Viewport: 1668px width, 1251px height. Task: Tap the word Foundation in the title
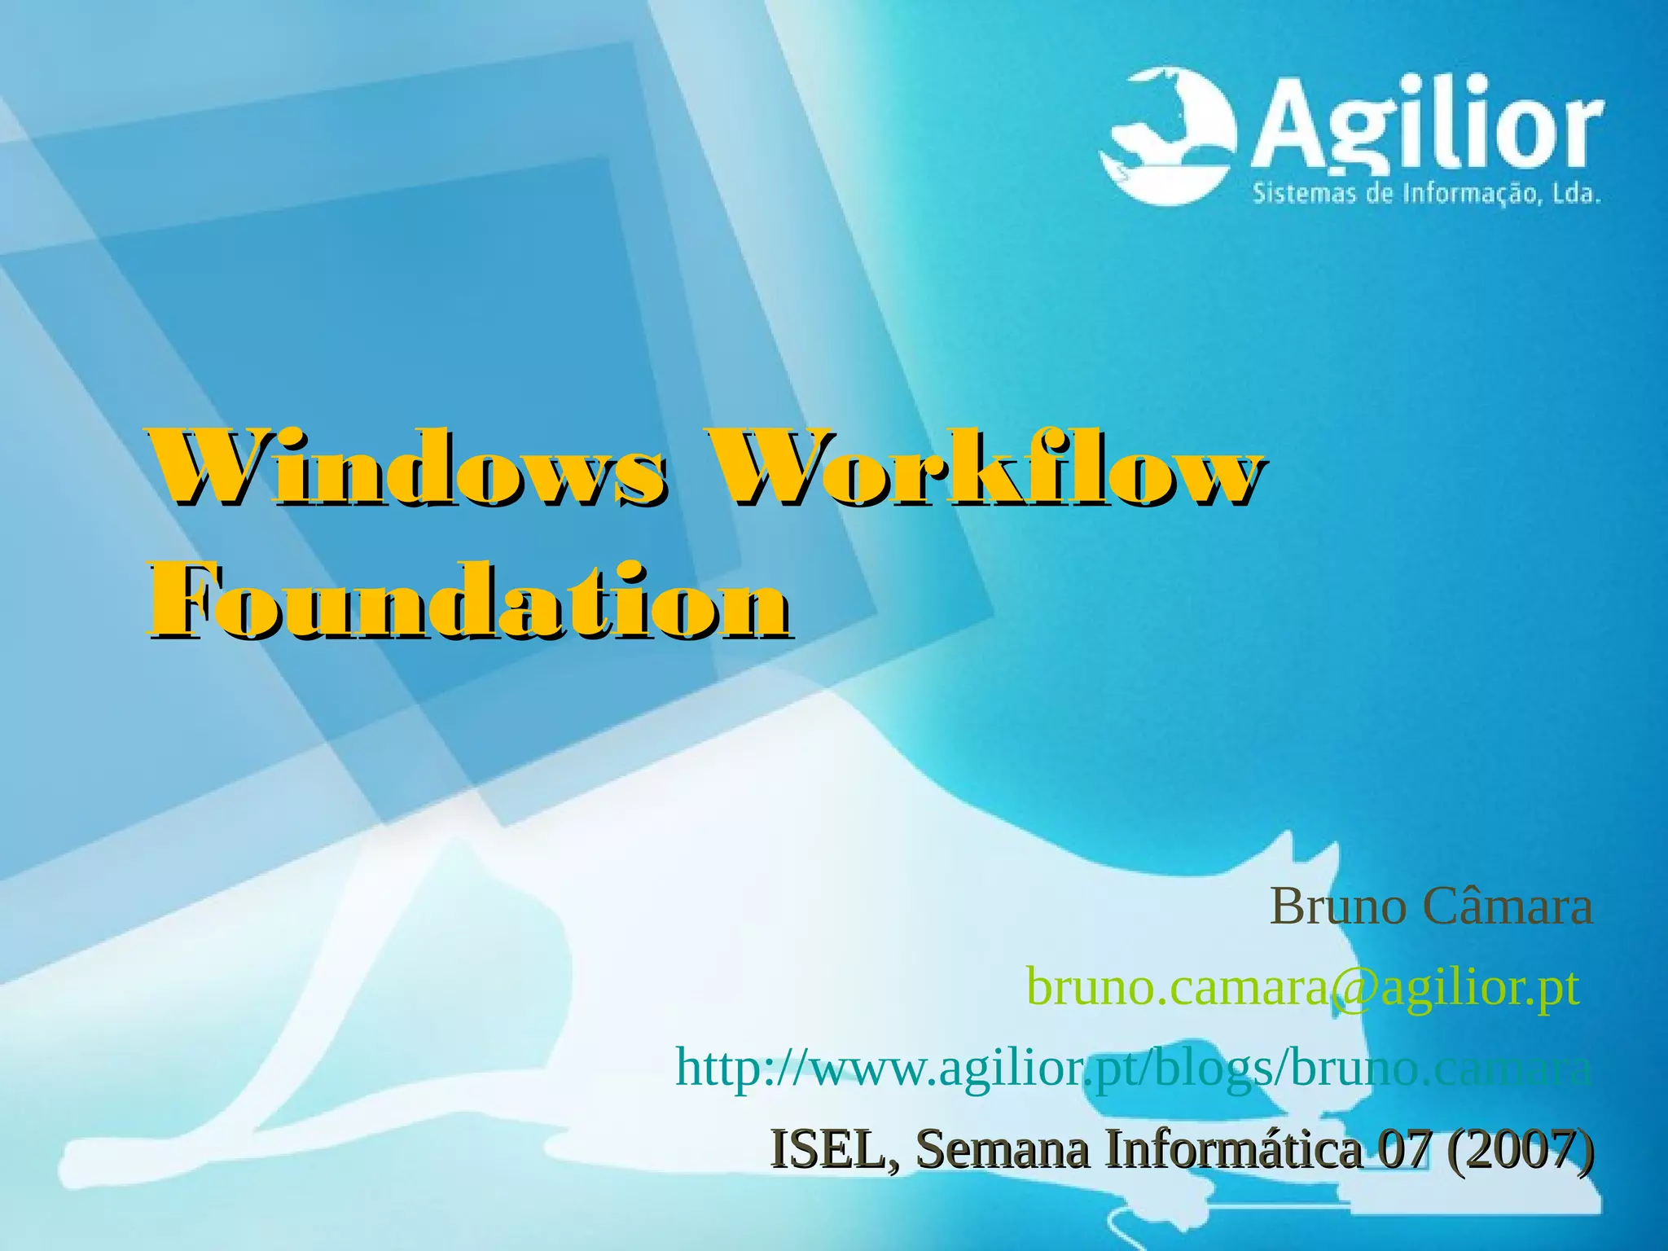tap(468, 601)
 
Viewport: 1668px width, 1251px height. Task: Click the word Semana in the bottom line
tap(1003, 1149)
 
